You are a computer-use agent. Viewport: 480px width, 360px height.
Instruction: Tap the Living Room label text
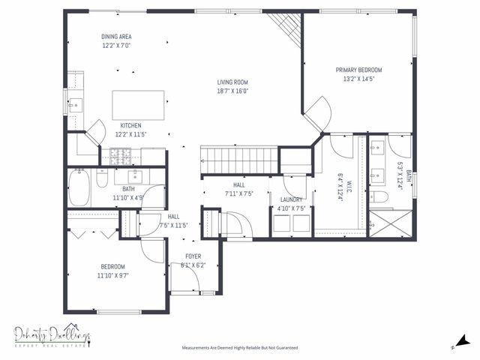(x=232, y=82)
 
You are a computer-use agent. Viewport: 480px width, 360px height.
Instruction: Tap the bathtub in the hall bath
(x=79, y=187)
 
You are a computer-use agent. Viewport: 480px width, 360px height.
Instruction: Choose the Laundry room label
(x=291, y=199)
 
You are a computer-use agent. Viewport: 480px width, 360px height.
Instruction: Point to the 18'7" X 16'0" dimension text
(x=232, y=91)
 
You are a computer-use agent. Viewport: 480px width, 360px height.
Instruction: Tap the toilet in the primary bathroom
(x=381, y=197)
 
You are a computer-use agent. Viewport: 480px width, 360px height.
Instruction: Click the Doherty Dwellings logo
(x=52, y=335)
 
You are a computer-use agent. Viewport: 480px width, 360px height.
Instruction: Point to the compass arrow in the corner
(x=459, y=341)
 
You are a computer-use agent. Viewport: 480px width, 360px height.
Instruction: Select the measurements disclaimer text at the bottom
(x=240, y=348)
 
